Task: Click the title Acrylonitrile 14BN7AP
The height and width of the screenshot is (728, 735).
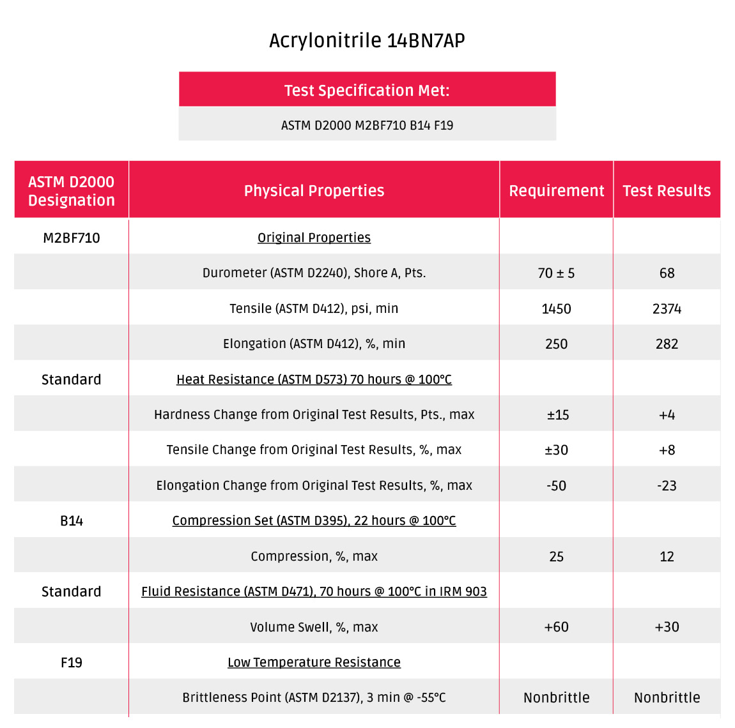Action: coord(367,40)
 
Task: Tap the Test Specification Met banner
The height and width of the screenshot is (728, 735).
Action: coord(367,90)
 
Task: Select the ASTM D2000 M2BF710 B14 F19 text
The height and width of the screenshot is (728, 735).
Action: coord(367,125)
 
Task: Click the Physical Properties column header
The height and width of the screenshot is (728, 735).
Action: coord(314,190)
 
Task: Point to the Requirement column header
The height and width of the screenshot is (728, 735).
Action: coord(556,190)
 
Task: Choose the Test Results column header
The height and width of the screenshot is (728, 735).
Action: coord(667,190)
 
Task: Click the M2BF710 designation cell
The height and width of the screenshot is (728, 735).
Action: coord(72,238)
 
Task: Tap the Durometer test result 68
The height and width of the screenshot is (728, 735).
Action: coord(667,273)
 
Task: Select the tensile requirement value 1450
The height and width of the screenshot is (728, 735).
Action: coord(556,309)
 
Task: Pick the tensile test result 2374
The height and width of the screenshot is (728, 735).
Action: coord(667,309)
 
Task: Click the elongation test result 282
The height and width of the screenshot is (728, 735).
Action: coord(667,344)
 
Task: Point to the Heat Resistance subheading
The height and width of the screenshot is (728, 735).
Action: coord(314,379)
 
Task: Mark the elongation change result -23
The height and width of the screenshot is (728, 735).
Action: coord(667,486)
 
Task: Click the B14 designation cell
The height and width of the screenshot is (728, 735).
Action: coord(72,521)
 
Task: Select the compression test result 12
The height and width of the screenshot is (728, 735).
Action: coord(667,557)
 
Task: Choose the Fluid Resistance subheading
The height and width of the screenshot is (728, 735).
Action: coord(314,591)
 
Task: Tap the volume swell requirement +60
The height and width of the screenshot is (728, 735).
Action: coord(556,627)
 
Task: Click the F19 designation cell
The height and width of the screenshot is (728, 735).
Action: coord(72,663)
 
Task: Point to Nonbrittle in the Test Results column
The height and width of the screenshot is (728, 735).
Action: coord(667,698)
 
